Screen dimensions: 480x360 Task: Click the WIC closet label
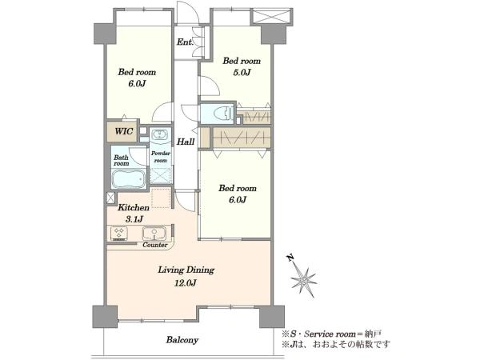pos(124,131)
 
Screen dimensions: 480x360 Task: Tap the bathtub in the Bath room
pos(129,178)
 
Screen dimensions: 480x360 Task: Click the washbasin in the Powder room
pos(160,135)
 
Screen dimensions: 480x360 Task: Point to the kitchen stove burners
pos(118,234)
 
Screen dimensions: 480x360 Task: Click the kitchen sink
pos(154,234)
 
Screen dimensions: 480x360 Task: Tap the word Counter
pos(155,245)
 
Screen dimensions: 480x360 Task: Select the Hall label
pos(186,142)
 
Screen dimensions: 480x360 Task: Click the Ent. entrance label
pos(185,42)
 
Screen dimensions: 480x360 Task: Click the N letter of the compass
pos(290,258)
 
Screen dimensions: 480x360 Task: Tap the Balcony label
pos(182,340)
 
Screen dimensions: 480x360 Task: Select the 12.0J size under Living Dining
pos(186,283)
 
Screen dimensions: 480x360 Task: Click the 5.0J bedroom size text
pos(242,73)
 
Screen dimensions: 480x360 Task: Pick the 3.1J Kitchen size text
pos(134,219)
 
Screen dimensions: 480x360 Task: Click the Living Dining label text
pos(186,270)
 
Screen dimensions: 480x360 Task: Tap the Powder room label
pos(161,157)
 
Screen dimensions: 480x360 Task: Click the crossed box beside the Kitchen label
pos(110,198)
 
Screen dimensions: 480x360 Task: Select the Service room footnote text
pos(332,334)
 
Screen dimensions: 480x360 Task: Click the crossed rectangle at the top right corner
pos(270,16)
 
